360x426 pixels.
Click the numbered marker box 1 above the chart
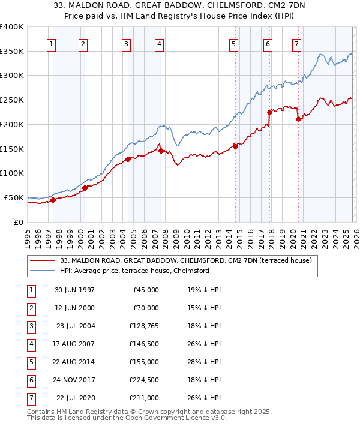coord(52,44)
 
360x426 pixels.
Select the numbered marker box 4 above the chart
coord(159,44)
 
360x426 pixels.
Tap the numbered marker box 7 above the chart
coord(296,44)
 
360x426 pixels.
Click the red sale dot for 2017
coord(269,112)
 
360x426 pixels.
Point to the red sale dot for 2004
coord(128,159)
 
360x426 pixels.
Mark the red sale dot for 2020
coord(298,119)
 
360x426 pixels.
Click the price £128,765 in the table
coord(142,326)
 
